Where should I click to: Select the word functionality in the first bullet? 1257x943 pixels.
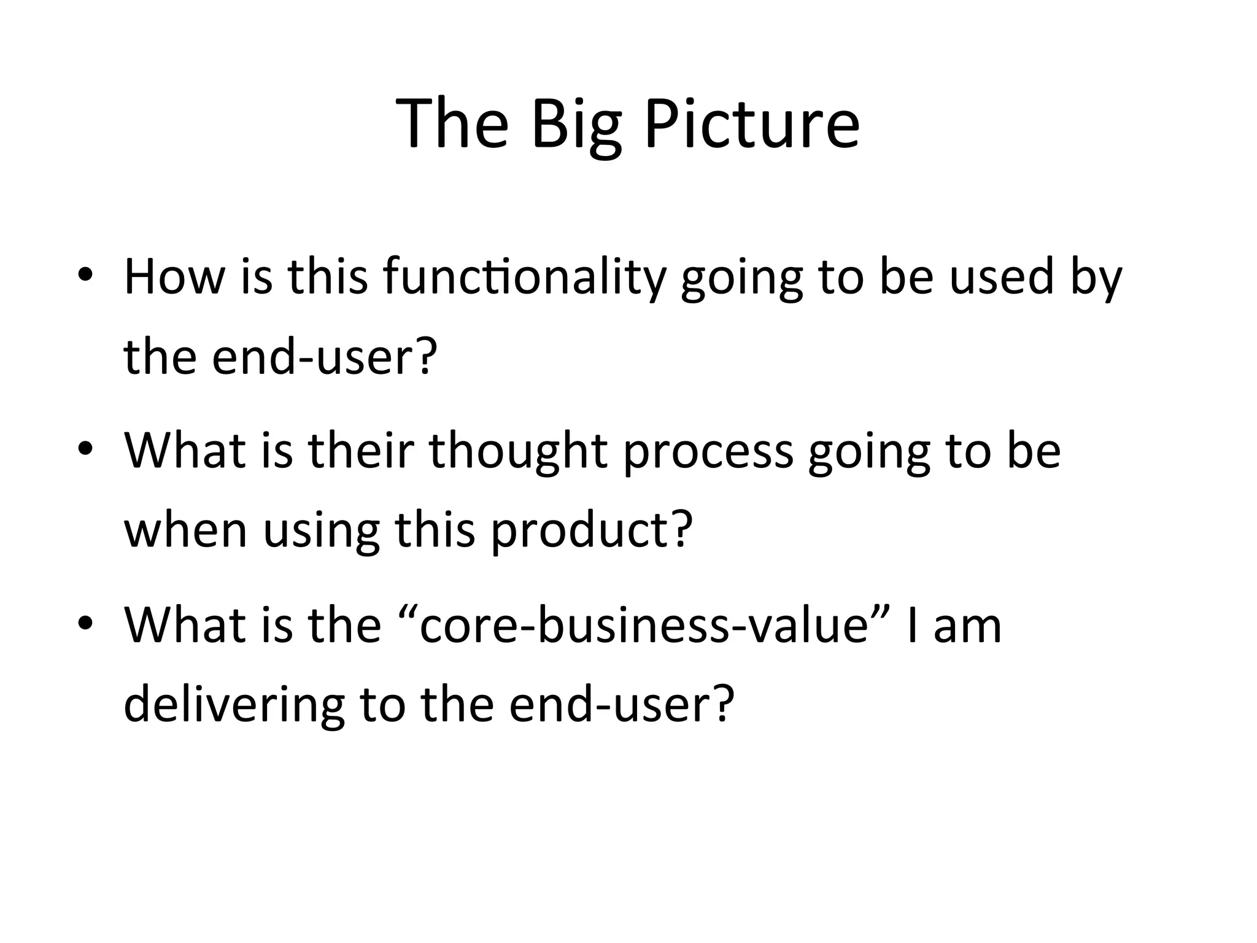pyautogui.click(x=524, y=277)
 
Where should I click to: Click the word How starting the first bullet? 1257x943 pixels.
pyautogui.click(x=174, y=277)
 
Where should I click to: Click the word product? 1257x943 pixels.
pyautogui.click(x=579, y=529)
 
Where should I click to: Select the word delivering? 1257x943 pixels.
pyautogui.click(x=234, y=705)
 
